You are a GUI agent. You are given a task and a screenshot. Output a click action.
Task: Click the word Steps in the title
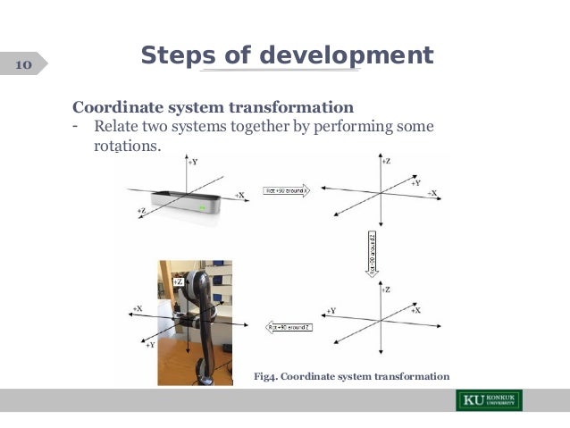(x=179, y=55)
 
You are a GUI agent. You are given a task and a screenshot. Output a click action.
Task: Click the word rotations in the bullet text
(x=127, y=145)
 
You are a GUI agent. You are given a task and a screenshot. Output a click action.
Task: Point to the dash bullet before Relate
(x=78, y=126)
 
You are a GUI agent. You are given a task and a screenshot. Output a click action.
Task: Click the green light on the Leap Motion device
(x=205, y=209)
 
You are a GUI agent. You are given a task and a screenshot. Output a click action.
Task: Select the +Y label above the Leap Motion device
(x=192, y=163)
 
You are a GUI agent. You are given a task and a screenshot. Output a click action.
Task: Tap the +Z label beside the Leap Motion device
(x=142, y=210)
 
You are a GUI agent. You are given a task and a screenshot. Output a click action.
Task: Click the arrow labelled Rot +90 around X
(x=285, y=190)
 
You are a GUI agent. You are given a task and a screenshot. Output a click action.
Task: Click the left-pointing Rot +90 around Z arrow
(x=287, y=327)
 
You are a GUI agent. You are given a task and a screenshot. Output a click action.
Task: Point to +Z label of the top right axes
(x=385, y=162)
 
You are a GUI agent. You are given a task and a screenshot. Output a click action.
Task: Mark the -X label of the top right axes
(x=432, y=193)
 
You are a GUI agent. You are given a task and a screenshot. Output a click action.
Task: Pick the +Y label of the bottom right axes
(x=330, y=311)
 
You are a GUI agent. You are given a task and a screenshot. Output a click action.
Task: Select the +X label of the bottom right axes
(x=415, y=309)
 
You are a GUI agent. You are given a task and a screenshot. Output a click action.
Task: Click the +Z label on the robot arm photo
(x=178, y=281)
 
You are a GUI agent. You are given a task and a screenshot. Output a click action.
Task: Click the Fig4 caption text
(x=351, y=376)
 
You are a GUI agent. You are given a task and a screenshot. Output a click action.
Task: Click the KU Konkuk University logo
(x=489, y=399)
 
